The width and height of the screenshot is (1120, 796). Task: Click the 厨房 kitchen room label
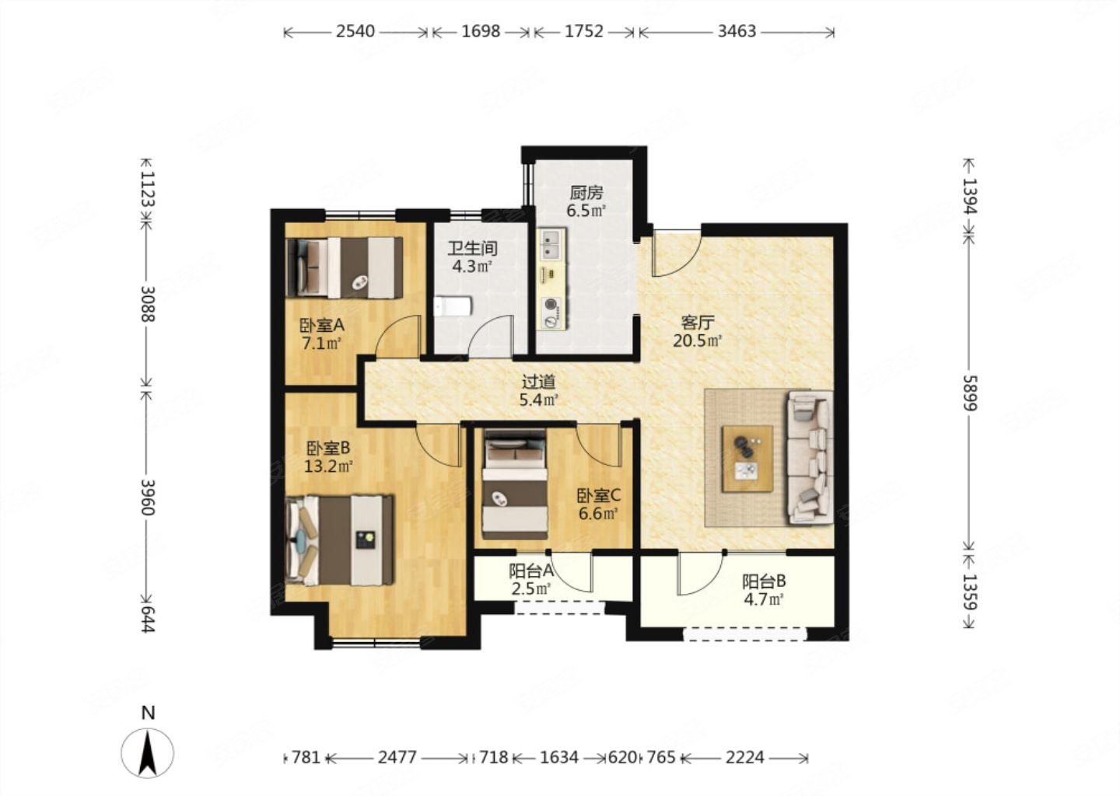coord(586,192)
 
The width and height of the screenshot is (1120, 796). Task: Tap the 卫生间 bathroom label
coord(472,248)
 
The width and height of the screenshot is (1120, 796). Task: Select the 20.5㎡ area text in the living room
coord(698,340)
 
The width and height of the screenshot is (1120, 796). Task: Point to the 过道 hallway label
coord(538,382)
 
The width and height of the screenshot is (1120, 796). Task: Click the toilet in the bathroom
coord(453,306)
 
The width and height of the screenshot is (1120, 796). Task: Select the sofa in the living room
coord(810,457)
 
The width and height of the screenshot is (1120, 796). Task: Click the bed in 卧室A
coord(344,268)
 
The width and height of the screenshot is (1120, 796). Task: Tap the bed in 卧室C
coord(515,484)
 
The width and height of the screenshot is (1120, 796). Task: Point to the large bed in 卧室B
coord(339,539)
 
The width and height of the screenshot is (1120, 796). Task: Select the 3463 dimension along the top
coord(737,31)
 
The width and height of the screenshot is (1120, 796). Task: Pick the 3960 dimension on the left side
coord(148,497)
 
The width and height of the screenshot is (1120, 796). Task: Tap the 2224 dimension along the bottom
coord(745,758)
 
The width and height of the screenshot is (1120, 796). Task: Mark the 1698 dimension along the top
coord(481,31)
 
